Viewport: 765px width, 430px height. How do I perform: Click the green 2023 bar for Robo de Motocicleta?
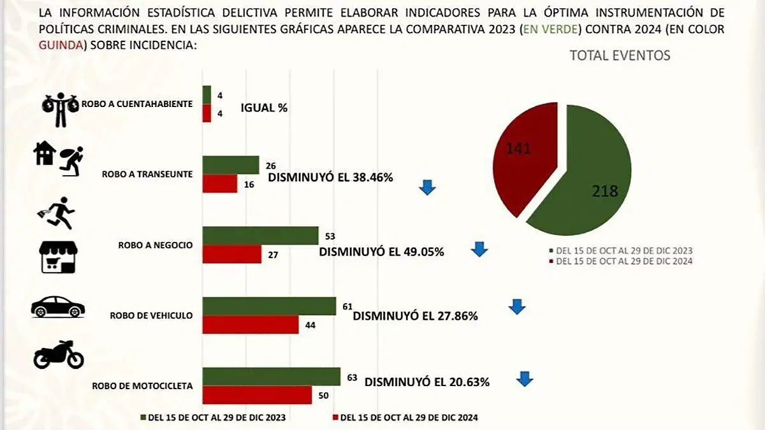tap(272, 376)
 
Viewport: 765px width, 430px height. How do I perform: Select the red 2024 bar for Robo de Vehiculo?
tap(251, 325)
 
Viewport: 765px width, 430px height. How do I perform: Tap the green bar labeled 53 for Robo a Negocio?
tap(260, 235)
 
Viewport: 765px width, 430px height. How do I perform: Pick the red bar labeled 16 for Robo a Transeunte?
tap(220, 183)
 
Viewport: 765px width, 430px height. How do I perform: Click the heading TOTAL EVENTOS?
tap(620, 55)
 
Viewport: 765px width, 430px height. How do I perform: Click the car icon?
tap(58, 307)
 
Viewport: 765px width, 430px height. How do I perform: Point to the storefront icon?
tap(58, 257)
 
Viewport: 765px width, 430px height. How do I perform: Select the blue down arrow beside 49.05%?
tap(479, 249)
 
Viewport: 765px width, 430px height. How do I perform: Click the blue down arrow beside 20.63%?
tap(525, 379)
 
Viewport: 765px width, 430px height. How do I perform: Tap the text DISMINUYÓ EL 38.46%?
tap(330, 178)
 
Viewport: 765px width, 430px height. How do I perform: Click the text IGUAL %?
tap(264, 108)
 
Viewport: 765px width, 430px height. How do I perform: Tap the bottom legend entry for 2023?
tap(212, 418)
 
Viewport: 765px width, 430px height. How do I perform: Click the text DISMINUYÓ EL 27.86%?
tap(415, 316)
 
